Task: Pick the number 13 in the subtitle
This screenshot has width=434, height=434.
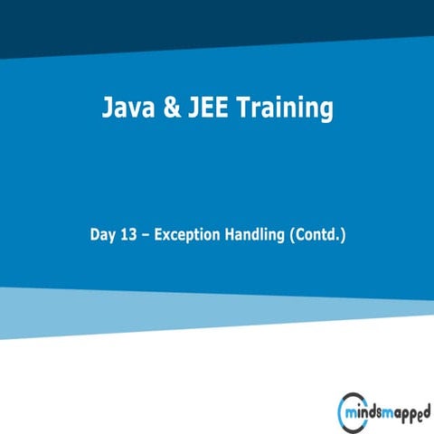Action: click(132, 236)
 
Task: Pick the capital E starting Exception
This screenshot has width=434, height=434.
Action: click(159, 236)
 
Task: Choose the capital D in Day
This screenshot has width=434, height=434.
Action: click(95, 236)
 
